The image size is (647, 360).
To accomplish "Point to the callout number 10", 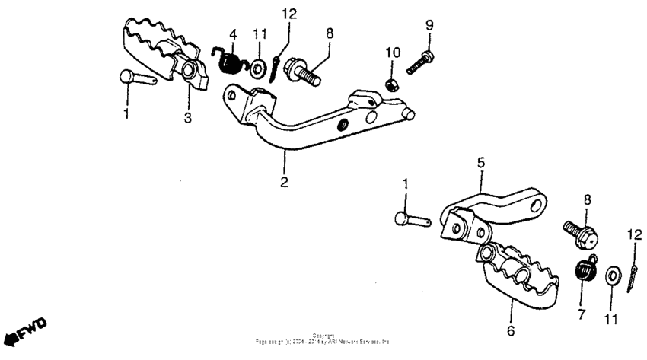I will point(392,52).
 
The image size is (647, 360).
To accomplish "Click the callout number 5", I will point(480,163).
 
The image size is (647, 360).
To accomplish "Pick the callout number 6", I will point(511,331).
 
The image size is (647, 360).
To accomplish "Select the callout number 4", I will point(234,34).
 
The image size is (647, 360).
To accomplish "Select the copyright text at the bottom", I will point(323,340).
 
